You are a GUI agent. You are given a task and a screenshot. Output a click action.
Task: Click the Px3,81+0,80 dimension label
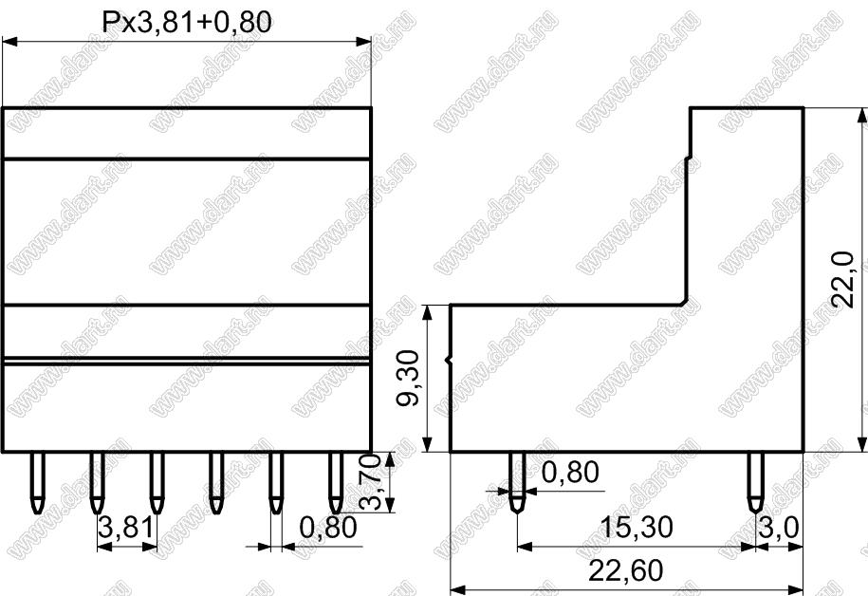187,22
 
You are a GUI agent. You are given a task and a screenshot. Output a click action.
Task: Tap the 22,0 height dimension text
843,279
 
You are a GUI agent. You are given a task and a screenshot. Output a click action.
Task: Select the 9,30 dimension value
410,378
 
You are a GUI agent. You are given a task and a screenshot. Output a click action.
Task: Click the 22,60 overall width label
625,570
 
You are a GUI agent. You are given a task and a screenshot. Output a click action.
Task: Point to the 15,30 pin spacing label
637,527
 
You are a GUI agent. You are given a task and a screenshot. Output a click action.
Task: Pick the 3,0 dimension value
779,528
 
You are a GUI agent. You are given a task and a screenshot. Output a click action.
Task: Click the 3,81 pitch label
125,527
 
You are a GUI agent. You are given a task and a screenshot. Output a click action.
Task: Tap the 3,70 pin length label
370,482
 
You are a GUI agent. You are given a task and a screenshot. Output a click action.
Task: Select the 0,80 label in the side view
570,473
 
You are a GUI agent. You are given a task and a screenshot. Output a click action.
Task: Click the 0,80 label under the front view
328,528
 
